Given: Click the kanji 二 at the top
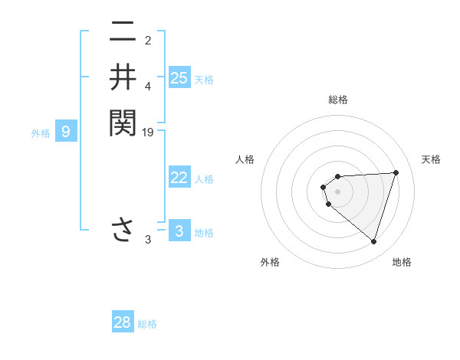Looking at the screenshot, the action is pyautogui.click(x=123, y=33).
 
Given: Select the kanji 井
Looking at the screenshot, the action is pyautogui.click(x=123, y=77).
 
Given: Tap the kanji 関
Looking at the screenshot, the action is pyautogui.click(x=123, y=122).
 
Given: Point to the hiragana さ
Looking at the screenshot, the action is pyautogui.click(x=123, y=230).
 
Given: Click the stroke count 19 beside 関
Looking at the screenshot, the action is pyautogui.click(x=149, y=132).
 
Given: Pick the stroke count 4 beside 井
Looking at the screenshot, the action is pyautogui.click(x=148, y=86).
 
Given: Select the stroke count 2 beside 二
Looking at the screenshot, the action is pyautogui.click(x=148, y=41).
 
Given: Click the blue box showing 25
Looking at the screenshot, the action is pyautogui.click(x=179, y=77).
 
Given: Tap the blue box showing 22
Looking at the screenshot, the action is pyautogui.click(x=179, y=178).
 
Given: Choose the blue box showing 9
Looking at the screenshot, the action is pyautogui.click(x=66, y=132).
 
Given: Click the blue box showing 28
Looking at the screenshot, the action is pyautogui.click(x=123, y=322).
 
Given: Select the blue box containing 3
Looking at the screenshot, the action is pyautogui.click(x=179, y=231).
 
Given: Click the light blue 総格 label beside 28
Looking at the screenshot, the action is pyautogui.click(x=147, y=324).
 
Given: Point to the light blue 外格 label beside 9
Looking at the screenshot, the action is pyautogui.click(x=41, y=133).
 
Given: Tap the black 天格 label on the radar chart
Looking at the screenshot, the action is pyautogui.click(x=432, y=159).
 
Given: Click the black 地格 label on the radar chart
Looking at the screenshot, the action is pyautogui.click(x=402, y=262).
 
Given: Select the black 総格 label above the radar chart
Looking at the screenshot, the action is pyautogui.click(x=338, y=100).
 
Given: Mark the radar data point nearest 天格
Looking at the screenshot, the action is pyautogui.click(x=396, y=172).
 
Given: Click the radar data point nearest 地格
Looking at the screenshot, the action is pyautogui.click(x=373, y=241).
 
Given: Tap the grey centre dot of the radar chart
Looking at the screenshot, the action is pyautogui.click(x=338, y=191).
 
